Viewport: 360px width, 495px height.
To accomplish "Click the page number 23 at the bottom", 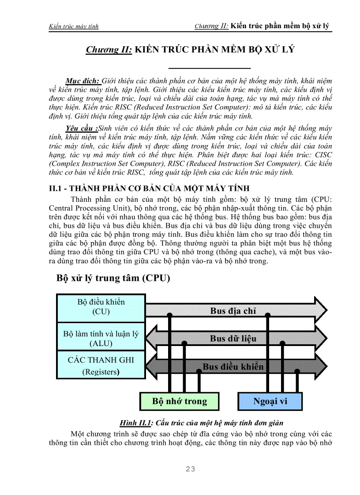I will [x=191, y=469].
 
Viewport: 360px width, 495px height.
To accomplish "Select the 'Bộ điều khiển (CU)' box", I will [x=101, y=307].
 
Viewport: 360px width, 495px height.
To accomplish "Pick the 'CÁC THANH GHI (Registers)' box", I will [x=101, y=366].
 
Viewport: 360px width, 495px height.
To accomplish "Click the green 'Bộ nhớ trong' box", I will [x=179, y=401].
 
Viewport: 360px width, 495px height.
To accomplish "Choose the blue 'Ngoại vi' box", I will [x=270, y=401].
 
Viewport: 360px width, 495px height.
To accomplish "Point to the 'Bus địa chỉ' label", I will [x=233, y=311].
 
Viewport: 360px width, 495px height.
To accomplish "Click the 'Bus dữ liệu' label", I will [x=233, y=339].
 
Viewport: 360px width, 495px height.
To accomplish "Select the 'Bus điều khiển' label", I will [x=233, y=366].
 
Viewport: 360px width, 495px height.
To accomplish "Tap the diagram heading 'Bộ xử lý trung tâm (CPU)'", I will [x=113, y=279].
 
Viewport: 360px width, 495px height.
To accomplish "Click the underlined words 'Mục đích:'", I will [x=83, y=81].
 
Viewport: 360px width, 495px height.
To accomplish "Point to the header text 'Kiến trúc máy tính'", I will [x=74, y=26].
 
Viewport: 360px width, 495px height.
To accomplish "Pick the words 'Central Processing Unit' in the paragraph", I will [x=86, y=208].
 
